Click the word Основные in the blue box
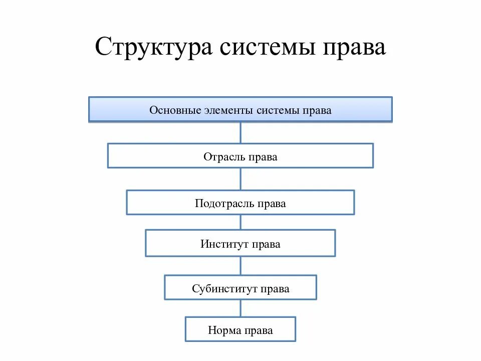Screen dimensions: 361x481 pyautogui.click(x=175, y=110)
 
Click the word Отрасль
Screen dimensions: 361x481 pyautogui.click(x=224, y=157)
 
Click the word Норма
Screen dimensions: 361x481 pyautogui.click(x=224, y=330)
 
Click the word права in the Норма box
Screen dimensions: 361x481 pyautogui.click(x=259, y=330)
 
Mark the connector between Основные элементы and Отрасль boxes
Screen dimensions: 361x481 pyautogui.click(x=241, y=132)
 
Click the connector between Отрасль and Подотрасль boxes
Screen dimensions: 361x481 pyautogui.click(x=241, y=179)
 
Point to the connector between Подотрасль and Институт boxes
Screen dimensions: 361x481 pyautogui.click(x=241, y=222)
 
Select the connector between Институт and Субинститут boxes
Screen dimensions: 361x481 pyautogui.click(x=241, y=266)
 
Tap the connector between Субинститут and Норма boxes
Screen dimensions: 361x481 pyautogui.click(x=241, y=308)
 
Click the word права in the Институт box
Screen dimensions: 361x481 pyautogui.click(x=266, y=245)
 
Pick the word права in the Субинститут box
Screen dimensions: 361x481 pyautogui.click(x=276, y=289)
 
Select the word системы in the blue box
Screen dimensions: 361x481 pyautogui.click(x=278, y=110)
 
